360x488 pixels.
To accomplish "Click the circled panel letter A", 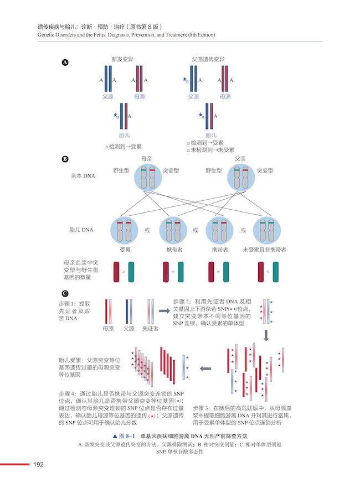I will [x=65, y=63].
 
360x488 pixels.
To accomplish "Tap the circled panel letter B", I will [x=65, y=160].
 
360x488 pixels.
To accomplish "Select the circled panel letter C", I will [x=65, y=293].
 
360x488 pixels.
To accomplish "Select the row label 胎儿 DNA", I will [x=83, y=229].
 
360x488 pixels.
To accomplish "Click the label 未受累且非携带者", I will [x=265, y=250].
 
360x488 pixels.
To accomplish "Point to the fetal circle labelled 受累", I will [x=125, y=230].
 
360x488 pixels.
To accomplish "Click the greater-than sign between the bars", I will [x=124, y=272].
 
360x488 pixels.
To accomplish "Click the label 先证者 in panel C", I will [x=150, y=328].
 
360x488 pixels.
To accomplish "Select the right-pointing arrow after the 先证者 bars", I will [x=164, y=311].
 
